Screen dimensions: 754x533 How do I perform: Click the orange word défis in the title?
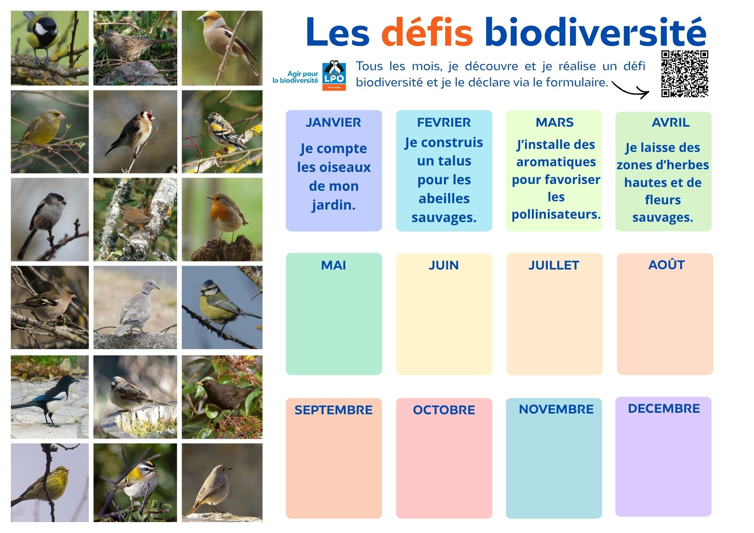tap(427, 32)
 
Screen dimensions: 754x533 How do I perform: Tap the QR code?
tap(685, 74)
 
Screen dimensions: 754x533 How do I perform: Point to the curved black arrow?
tap(630, 89)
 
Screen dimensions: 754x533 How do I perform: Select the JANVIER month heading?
tap(333, 122)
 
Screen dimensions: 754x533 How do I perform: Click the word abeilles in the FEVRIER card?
tap(444, 198)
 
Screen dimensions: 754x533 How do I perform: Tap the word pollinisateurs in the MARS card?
tap(556, 214)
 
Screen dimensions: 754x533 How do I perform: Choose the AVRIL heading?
tap(671, 122)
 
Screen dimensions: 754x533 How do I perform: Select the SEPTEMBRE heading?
tap(333, 410)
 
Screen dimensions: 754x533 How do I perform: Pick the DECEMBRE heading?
tap(664, 408)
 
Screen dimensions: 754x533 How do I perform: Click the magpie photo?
tap(50, 397)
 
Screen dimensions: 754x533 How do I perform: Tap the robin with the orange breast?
tap(222, 219)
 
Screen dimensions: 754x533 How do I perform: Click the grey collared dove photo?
tap(135, 308)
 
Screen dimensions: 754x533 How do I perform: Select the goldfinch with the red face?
tap(135, 132)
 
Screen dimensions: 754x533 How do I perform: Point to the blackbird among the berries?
tap(222, 397)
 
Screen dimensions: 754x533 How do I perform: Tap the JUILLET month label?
tap(553, 265)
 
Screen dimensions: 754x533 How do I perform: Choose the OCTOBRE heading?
tap(444, 410)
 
